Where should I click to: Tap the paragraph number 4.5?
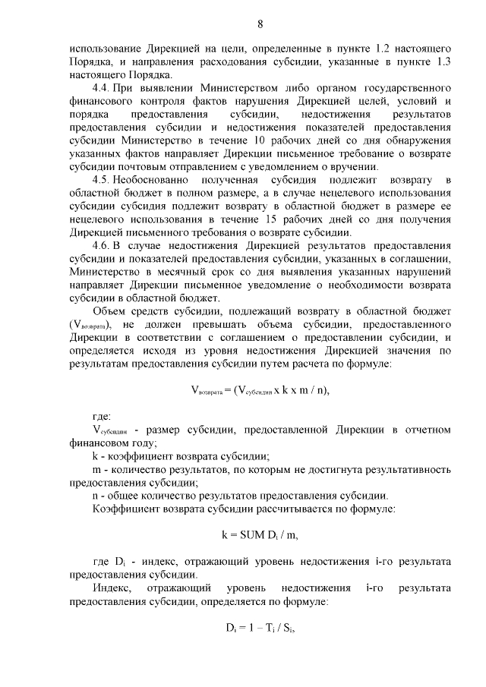tap(100, 179)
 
